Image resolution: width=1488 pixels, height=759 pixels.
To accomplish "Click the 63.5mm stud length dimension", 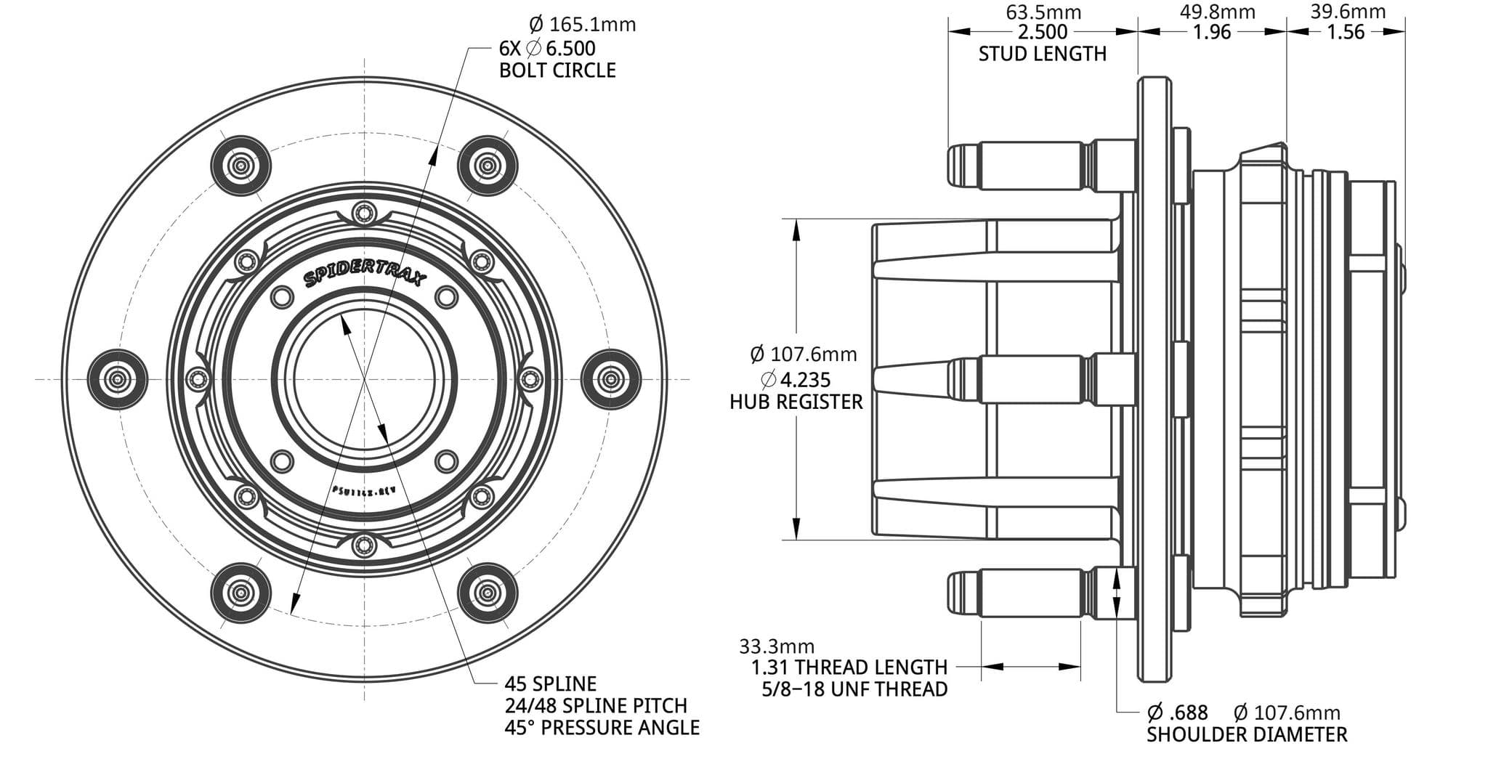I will click(1043, 13).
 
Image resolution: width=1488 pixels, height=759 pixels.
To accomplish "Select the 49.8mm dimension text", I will click(1212, 12).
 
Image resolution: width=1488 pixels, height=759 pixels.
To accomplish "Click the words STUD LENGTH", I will click(1042, 54).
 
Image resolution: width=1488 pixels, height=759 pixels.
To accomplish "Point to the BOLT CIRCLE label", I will click(557, 70).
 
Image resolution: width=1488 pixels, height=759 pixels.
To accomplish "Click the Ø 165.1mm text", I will click(583, 25).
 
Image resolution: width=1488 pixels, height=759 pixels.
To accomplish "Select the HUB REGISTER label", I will click(796, 402).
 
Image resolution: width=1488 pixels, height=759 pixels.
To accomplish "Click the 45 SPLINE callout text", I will click(550, 683).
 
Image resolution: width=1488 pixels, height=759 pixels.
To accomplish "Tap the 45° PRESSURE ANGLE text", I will click(602, 728).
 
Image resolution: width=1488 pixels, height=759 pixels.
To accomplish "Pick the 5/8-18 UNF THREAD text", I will click(854, 689).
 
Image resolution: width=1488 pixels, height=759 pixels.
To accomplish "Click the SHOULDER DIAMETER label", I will click(1247, 734).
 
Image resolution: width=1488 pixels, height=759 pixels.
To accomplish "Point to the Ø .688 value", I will click(1177, 713).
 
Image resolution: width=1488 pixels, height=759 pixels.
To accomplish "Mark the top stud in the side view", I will click(1040, 165).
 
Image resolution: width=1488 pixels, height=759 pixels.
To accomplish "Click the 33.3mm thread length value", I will click(776, 646).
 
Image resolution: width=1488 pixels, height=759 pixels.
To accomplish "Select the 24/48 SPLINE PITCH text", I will click(595, 705).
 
